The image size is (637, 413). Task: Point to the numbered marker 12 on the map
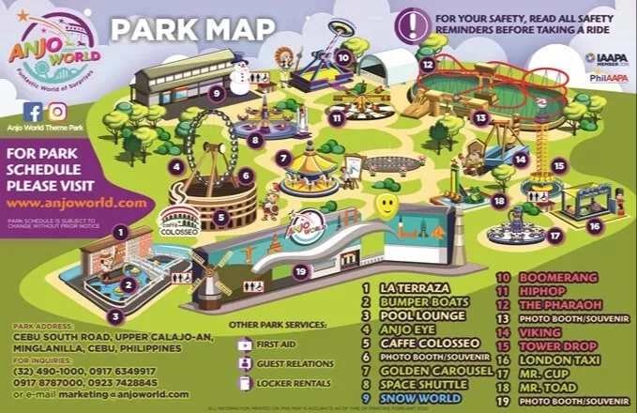427,65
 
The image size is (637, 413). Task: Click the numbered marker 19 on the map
299,271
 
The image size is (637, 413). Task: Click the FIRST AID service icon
245,344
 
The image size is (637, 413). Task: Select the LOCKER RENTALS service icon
245,382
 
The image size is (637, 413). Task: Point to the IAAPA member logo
606,58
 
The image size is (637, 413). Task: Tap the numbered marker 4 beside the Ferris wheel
175,167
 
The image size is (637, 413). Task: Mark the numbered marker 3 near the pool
114,315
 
